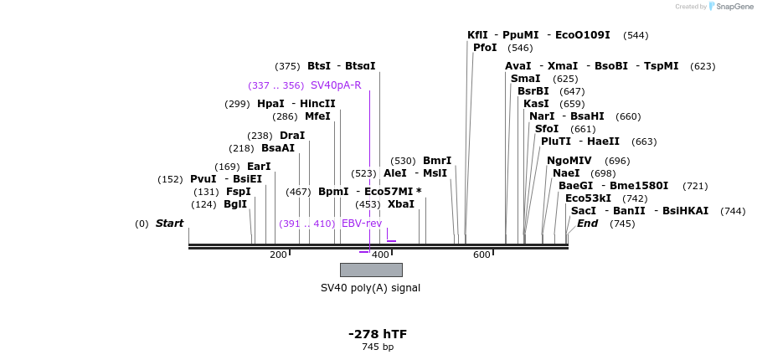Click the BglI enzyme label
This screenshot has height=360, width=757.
click(x=235, y=204)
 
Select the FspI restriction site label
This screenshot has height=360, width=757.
click(x=238, y=192)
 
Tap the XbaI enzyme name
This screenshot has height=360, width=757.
click(x=400, y=204)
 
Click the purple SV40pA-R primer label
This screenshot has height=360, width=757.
click(x=336, y=85)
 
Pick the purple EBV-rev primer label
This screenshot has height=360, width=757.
click(x=361, y=224)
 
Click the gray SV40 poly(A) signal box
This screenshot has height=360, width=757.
click(x=371, y=270)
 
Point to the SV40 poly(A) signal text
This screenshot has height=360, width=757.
click(x=370, y=288)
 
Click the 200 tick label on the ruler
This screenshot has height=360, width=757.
click(x=278, y=255)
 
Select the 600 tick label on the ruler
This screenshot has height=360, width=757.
click(x=481, y=255)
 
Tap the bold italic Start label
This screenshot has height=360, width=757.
click(x=169, y=224)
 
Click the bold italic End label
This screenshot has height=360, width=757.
click(x=587, y=224)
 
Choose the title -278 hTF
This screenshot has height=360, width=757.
click(x=378, y=334)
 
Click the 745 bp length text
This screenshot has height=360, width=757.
click(x=378, y=347)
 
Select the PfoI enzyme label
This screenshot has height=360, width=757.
click(x=485, y=48)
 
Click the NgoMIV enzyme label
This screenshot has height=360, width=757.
click(x=569, y=161)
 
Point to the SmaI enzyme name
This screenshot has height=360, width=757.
click(x=525, y=79)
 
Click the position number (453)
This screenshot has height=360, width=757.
click(x=368, y=204)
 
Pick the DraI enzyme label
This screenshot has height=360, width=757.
click(x=292, y=136)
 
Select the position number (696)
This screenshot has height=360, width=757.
click(x=617, y=161)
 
